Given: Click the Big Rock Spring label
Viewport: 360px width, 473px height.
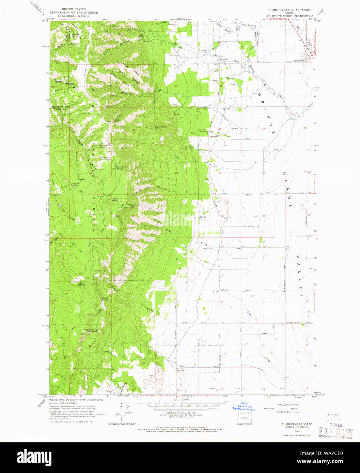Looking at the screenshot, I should click(76, 184).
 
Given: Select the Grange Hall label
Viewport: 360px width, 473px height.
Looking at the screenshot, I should click(214, 70).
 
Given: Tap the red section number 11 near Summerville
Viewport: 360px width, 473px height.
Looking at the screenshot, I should click(263, 42).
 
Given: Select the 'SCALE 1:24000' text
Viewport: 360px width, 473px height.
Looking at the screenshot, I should click(186, 408).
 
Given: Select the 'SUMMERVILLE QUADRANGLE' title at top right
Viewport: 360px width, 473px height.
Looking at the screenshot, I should click(289, 10).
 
